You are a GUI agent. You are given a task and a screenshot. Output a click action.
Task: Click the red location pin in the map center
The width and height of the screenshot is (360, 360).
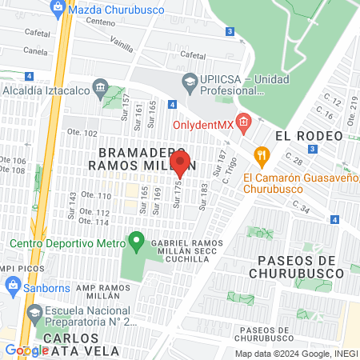pyautogui.click(x=180, y=163)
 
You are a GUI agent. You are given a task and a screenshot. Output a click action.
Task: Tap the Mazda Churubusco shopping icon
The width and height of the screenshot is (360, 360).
pyautogui.click(x=57, y=9)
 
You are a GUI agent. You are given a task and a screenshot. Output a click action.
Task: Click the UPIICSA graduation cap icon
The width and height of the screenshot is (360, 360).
pyautogui.click(x=189, y=81)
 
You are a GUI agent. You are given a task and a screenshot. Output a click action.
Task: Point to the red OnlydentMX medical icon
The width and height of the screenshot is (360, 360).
pyautogui.click(x=244, y=123)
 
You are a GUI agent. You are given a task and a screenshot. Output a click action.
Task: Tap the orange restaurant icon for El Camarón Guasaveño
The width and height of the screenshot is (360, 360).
pyautogui.click(x=260, y=154)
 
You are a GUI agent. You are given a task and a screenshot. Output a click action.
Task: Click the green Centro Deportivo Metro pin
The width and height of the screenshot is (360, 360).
pyautogui.click(x=137, y=238)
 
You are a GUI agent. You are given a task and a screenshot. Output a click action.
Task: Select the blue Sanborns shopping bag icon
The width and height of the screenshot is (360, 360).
pyautogui.click(x=13, y=286)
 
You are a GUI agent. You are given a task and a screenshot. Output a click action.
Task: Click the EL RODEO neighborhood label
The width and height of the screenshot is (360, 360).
pyautogui.click(x=303, y=135)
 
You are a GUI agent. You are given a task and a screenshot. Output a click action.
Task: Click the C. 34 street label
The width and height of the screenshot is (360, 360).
pyautogui.click(x=302, y=208)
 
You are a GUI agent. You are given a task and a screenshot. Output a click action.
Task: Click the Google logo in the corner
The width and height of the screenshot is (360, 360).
pyautogui.click(x=26, y=350)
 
